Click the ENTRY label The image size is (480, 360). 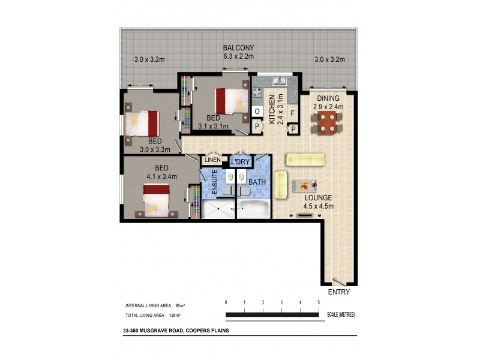tap(338, 292)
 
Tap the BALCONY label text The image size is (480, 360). tap(238, 47)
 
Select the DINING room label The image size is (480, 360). tap(328, 98)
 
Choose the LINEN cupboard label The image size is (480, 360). tap(212, 160)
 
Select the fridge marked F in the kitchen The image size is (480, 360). tap(292, 113)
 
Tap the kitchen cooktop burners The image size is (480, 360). tap(258, 92)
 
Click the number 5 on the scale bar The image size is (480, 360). tap(319, 302)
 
